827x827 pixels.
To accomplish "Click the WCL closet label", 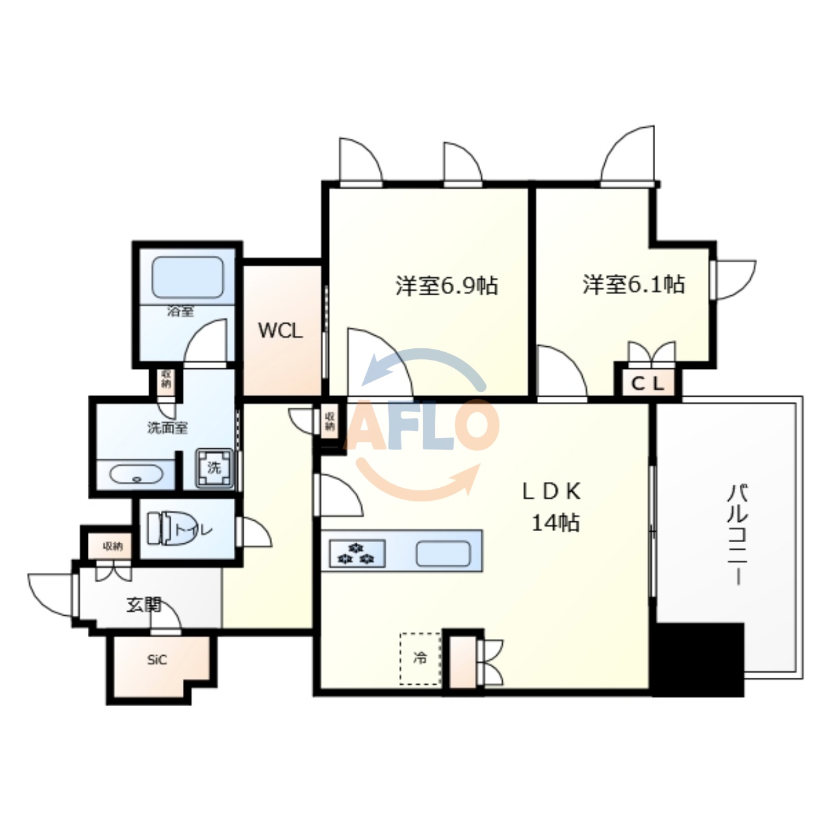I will (280, 331).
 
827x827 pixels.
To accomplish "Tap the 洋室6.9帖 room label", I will (446, 285).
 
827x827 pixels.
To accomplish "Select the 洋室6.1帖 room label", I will (634, 284).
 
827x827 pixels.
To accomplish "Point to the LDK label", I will (552, 492).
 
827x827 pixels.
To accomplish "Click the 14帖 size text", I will (555, 522).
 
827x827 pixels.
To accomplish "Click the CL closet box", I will (647, 384).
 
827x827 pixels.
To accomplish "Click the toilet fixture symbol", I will (162, 529).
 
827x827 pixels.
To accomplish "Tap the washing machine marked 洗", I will (215, 467).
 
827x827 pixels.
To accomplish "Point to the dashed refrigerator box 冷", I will (421, 658).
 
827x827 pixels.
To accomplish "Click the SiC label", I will (157, 660).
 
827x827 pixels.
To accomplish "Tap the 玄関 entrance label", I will (143, 605).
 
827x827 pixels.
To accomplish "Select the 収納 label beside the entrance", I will (112, 547).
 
